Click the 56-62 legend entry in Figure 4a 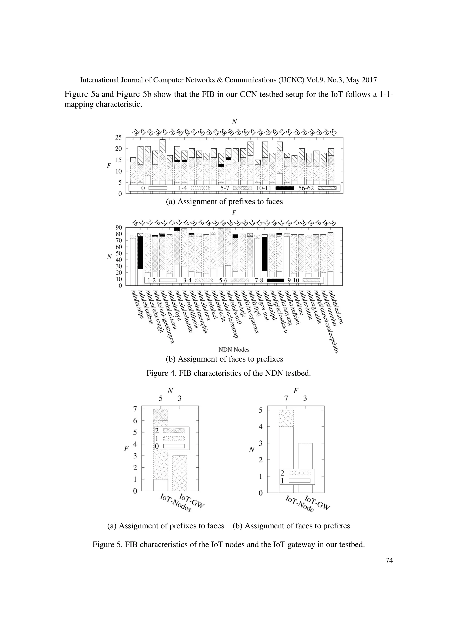tap(317, 188)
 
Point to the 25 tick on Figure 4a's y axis tap(118, 137)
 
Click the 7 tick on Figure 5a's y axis tap(135, 409)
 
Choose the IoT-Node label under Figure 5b tap(299, 504)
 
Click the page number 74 tap(389, 561)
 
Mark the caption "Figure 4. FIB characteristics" tap(228, 373)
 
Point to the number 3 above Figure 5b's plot tap(305, 399)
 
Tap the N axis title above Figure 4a tap(234, 122)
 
